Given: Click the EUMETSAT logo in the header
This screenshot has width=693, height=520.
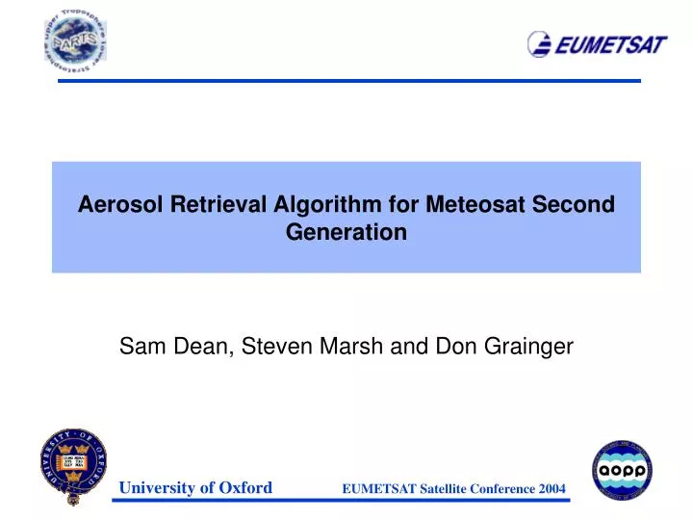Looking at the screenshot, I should (x=597, y=44).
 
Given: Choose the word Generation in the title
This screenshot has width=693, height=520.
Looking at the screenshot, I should (x=346, y=232).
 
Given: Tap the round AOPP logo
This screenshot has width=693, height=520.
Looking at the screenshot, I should (x=621, y=469).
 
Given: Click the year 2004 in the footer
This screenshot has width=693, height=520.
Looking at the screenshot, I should (x=551, y=489).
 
